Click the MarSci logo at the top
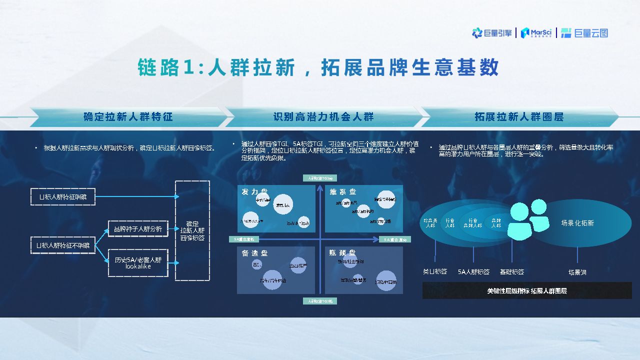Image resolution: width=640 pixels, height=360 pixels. coord(536,33)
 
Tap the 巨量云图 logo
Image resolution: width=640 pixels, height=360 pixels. coord(584,33)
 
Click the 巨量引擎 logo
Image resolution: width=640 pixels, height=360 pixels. coord(492,33)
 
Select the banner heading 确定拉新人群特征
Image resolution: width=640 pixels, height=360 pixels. coord(128,117)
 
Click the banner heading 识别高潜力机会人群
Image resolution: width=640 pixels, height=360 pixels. coord(323,117)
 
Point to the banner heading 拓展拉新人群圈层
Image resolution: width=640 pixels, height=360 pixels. coord(519,117)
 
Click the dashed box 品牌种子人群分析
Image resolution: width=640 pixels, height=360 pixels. coord(138,229)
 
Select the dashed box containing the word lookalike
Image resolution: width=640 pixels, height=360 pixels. coord(138,263)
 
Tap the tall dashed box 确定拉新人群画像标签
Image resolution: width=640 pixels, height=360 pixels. coord(192,230)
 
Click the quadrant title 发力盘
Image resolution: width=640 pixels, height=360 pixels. coord(255,192)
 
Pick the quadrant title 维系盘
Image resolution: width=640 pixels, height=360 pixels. coord(343,192)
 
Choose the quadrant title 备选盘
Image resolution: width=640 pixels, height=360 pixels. coord(255,253)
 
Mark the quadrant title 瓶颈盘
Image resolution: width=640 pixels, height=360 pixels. coord(343,253)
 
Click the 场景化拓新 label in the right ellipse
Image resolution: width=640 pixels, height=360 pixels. coord(577,223)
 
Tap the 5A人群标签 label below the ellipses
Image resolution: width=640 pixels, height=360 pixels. coord(473,272)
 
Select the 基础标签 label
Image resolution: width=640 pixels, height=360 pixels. coord(512,272)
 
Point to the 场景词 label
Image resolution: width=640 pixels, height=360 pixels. coord(577,272)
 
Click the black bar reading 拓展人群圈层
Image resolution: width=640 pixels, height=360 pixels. coord(527,290)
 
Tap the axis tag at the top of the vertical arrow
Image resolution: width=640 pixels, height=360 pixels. coord(320,178)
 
